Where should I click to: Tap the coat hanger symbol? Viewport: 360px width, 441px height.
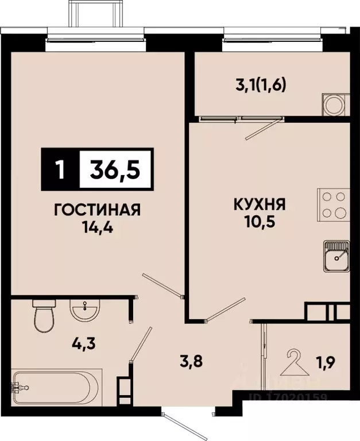[x=292, y=361]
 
